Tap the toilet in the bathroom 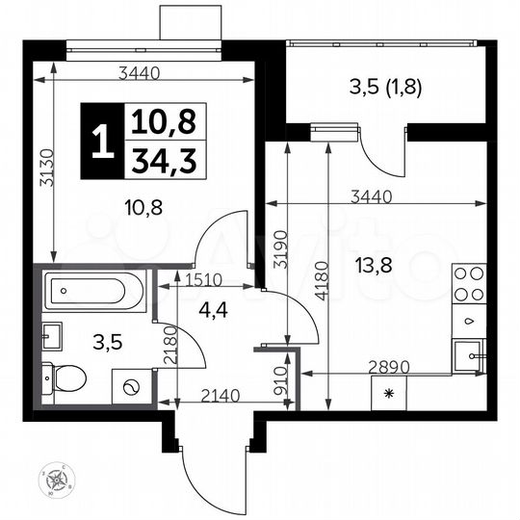pos(67,377)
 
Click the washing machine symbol pos(131,387)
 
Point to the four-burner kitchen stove pos(469,285)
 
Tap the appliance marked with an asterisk pos(389,393)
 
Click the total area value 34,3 pos(153,160)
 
